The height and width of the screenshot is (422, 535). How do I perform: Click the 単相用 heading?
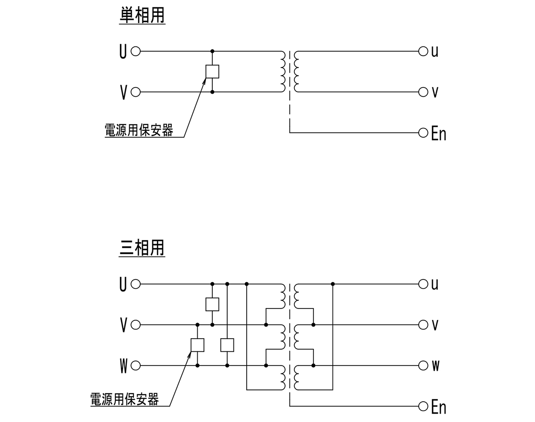click(x=142, y=15)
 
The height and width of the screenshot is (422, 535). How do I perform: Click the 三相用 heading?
click(x=142, y=248)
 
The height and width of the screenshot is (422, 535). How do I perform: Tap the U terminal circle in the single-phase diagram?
click(x=136, y=51)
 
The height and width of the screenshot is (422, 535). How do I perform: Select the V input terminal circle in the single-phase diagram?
click(x=136, y=92)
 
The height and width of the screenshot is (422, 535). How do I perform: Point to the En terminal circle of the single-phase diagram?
click(x=423, y=132)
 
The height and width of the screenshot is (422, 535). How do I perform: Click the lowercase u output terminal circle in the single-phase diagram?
click(x=423, y=51)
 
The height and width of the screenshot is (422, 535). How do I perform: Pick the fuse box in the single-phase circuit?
click(x=212, y=72)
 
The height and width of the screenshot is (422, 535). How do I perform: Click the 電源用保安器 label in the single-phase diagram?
click(x=138, y=130)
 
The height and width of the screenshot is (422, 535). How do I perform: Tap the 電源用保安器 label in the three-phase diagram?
click(x=124, y=399)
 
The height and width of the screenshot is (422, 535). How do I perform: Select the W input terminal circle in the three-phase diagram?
click(x=136, y=365)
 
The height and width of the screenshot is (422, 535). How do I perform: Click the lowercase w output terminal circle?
click(x=423, y=365)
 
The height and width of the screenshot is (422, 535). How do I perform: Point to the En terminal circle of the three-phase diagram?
click(x=423, y=406)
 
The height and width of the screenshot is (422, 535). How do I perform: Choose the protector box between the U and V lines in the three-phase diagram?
click(x=212, y=304)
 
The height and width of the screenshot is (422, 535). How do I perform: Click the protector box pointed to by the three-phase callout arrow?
click(x=197, y=345)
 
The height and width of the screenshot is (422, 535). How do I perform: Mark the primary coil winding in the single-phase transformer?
click(x=283, y=72)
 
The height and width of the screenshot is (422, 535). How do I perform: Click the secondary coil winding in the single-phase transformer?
click(x=297, y=72)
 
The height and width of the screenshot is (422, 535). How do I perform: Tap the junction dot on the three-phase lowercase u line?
click(x=332, y=284)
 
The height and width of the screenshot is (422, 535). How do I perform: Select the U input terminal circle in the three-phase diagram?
click(x=136, y=284)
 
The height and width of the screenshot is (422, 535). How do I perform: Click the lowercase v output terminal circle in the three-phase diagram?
click(x=423, y=325)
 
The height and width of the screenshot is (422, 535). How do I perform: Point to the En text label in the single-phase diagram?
click(x=438, y=133)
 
